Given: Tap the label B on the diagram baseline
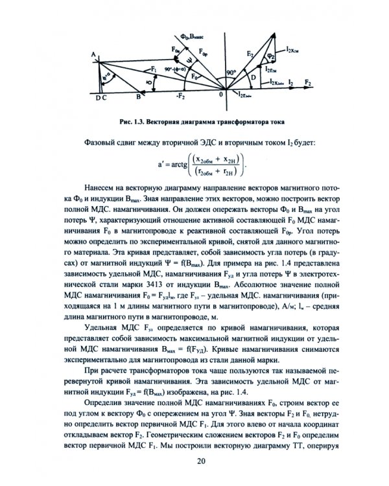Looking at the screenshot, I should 137,97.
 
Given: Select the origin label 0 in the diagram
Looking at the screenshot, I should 222,96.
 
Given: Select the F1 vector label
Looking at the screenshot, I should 153,68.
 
